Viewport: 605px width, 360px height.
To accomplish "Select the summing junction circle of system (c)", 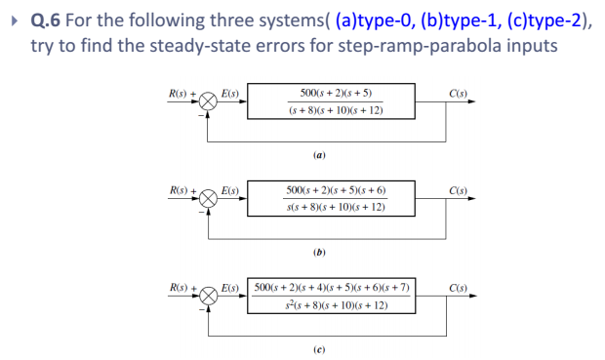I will [x=208, y=294].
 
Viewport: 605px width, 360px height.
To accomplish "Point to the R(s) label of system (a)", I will [x=178, y=94].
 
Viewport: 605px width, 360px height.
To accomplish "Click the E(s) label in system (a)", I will [x=231, y=94].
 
